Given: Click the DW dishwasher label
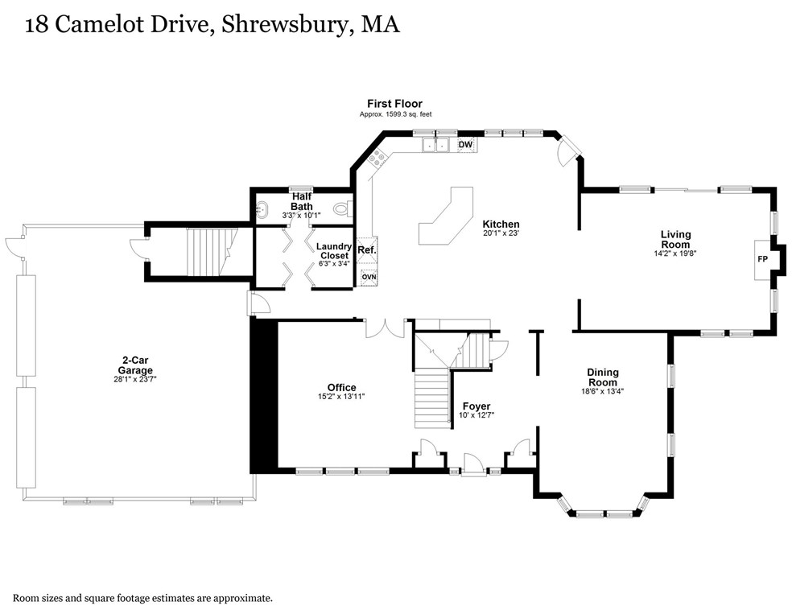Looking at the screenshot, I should tap(465, 145).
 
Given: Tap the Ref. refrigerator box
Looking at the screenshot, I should tap(367, 250).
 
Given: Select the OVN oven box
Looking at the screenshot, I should tap(368, 277).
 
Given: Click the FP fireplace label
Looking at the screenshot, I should tap(761, 260).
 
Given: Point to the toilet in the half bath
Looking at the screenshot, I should tap(341, 210).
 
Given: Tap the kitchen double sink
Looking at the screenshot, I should tap(435, 146).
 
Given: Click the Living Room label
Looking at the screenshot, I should tap(675, 239).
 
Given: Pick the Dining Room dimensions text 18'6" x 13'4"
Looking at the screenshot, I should tap(602, 392).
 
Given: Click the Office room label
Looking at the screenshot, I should tap(341, 388).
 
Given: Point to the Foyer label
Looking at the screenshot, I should tap(476, 406).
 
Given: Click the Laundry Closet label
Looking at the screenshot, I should tap(332, 251).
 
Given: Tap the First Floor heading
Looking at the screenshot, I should tap(394, 104).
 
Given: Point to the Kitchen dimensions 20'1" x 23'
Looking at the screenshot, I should tap(501, 234).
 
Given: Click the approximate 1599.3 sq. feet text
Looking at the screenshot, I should tap(395, 115).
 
